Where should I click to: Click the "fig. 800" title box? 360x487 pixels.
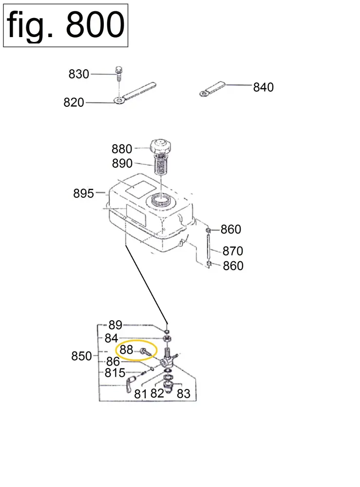65,25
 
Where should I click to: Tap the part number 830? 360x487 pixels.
79,74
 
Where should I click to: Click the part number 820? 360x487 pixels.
74,103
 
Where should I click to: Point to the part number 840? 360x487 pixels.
263,87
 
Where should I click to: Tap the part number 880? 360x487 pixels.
122,149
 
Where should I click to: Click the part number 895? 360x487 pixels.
83,194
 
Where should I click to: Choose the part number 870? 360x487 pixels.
233,252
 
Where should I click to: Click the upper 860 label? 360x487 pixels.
231,229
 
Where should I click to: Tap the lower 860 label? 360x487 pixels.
233,266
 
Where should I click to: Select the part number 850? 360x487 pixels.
81,356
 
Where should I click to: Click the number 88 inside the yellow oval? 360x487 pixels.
126,350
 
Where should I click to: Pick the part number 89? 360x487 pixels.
115,325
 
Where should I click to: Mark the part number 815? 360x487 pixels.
115,373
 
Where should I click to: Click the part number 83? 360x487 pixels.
183,393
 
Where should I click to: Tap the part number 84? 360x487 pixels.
111,338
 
